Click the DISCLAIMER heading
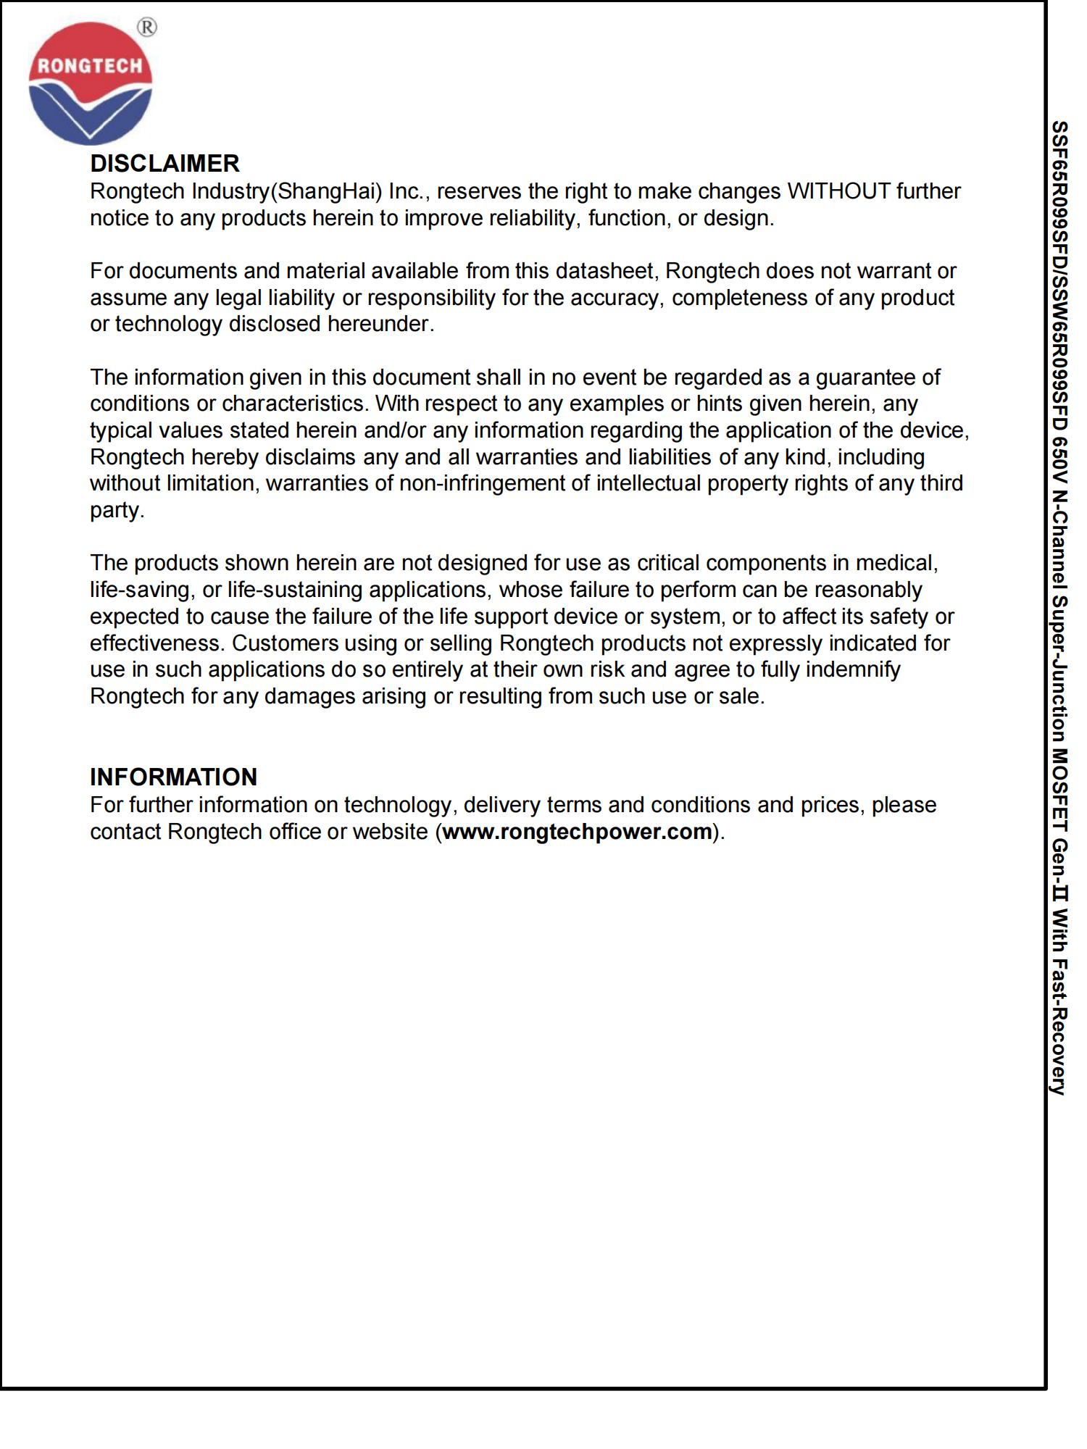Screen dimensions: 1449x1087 point(164,164)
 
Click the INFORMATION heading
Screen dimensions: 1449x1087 point(173,777)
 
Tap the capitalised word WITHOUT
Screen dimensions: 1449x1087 point(838,191)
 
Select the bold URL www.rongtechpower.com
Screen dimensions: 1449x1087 point(577,832)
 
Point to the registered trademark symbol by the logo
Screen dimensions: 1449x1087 point(146,28)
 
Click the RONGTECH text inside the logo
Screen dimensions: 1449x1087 point(90,66)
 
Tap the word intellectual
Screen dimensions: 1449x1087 point(649,483)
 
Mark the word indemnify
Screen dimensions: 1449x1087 point(852,669)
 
